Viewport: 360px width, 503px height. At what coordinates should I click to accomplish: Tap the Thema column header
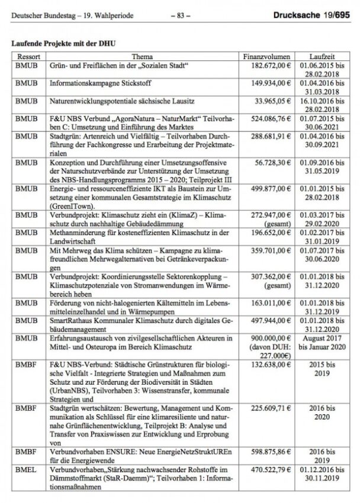pyautogui.click(x=142, y=55)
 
